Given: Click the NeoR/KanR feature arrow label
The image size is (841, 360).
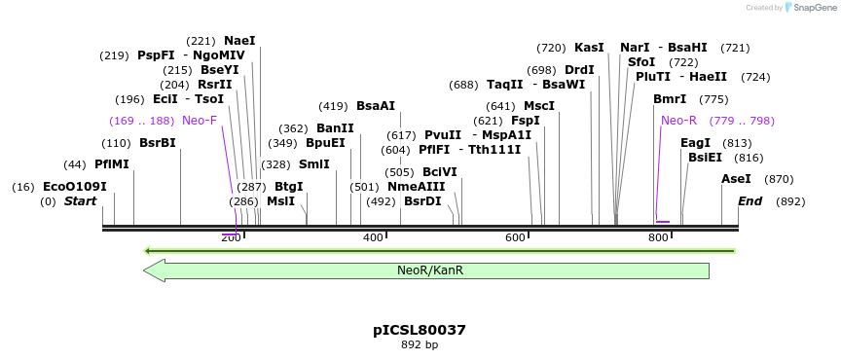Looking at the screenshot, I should (x=429, y=270).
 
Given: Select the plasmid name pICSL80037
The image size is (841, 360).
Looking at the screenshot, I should (x=420, y=330).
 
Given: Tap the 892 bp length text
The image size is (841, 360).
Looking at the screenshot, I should (x=420, y=345).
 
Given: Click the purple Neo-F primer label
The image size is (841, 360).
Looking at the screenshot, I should (x=200, y=121).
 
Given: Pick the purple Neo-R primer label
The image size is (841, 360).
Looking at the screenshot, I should (x=678, y=121).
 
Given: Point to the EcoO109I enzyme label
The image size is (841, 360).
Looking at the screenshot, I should (x=75, y=186).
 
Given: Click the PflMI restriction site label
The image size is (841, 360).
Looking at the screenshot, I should (x=112, y=164).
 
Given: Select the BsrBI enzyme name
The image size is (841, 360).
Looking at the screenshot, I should (x=158, y=143).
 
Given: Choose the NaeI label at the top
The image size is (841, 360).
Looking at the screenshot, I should (x=239, y=41).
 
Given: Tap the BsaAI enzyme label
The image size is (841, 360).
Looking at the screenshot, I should (x=376, y=106).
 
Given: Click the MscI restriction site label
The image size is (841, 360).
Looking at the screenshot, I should (x=539, y=106).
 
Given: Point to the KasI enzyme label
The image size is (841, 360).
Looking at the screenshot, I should (x=589, y=48).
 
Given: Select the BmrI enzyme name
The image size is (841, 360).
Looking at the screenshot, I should (x=670, y=99).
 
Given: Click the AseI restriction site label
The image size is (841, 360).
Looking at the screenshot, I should (x=736, y=179).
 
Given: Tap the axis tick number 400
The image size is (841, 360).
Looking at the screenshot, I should (x=373, y=237).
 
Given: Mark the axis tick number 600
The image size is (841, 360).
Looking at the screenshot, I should (x=515, y=237).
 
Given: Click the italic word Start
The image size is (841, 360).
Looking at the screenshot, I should (x=80, y=201).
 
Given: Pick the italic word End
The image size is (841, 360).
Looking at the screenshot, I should (x=750, y=201).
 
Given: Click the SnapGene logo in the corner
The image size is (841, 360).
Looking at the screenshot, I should (x=804, y=8).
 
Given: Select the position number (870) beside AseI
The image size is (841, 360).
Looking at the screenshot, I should (x=780, y=179).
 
